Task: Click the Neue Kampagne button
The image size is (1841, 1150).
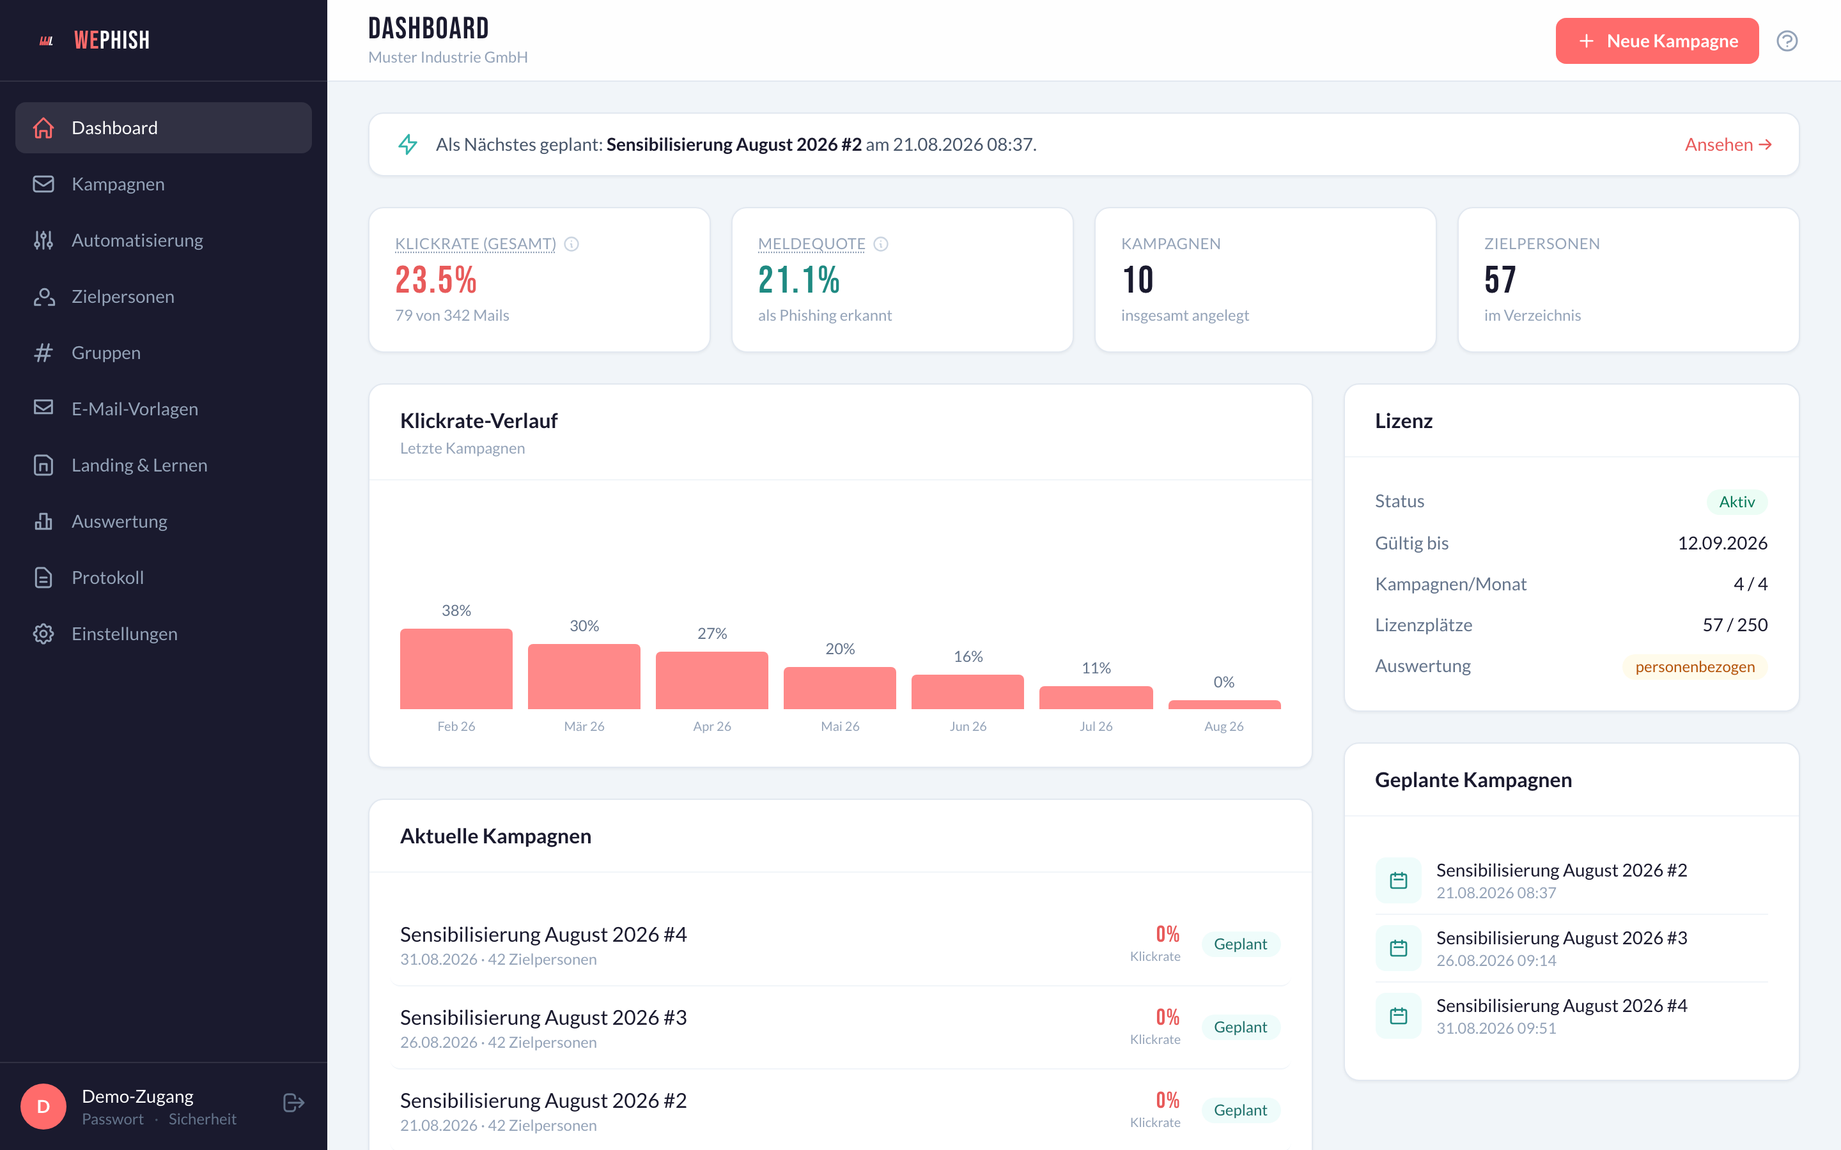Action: click(x=1656, y=41)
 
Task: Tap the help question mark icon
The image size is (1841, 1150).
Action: click(x=1787, y=41)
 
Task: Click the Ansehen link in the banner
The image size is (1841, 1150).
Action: click(x=1728, y=144)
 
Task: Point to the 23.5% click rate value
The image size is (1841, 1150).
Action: click(x=436, y=280)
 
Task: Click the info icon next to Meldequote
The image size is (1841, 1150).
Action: click(x=881, y=244)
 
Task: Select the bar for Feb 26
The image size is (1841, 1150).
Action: click(x=456, y=668)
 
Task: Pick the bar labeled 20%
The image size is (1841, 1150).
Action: click(x=840, y=687)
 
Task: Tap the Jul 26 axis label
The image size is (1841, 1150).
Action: click(x=1096, y=726)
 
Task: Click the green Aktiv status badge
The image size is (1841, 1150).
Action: click(x=1737, y=502)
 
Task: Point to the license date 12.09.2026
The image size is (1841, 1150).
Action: click(x=1722, y=543)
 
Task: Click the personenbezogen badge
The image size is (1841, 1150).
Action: click(x=1695, y=667)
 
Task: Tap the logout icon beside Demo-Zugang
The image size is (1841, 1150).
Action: click(x=293, y=1103)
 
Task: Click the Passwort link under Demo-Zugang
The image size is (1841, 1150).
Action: click(x=113, y=1119)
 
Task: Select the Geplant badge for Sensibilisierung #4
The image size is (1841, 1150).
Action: click(x=1240, y=944)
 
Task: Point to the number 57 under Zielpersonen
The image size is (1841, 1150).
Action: click(x=1500, y=280)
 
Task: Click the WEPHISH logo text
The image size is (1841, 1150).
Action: click(x=112, y=40)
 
